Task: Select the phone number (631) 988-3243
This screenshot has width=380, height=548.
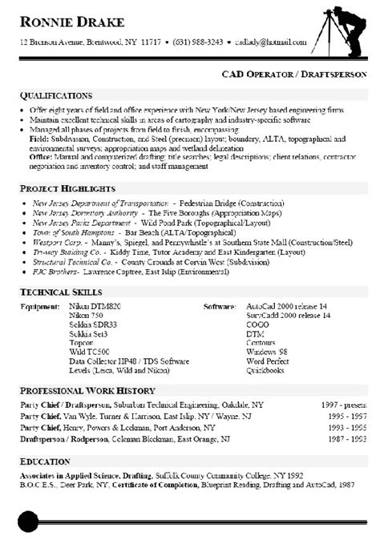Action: pos(199,40)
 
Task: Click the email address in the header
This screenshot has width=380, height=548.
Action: pos(270,40)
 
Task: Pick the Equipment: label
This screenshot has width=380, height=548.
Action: pos(40,306)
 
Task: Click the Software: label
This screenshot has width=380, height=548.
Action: pos(220,306)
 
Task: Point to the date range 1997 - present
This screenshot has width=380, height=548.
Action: pos(342,405)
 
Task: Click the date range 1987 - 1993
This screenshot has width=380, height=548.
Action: pos(346,440)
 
